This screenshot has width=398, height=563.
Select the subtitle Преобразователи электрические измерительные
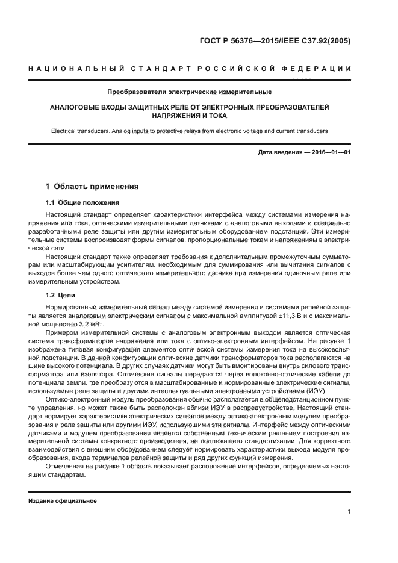189,92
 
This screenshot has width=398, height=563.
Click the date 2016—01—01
331,152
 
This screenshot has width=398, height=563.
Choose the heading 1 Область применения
92,187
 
